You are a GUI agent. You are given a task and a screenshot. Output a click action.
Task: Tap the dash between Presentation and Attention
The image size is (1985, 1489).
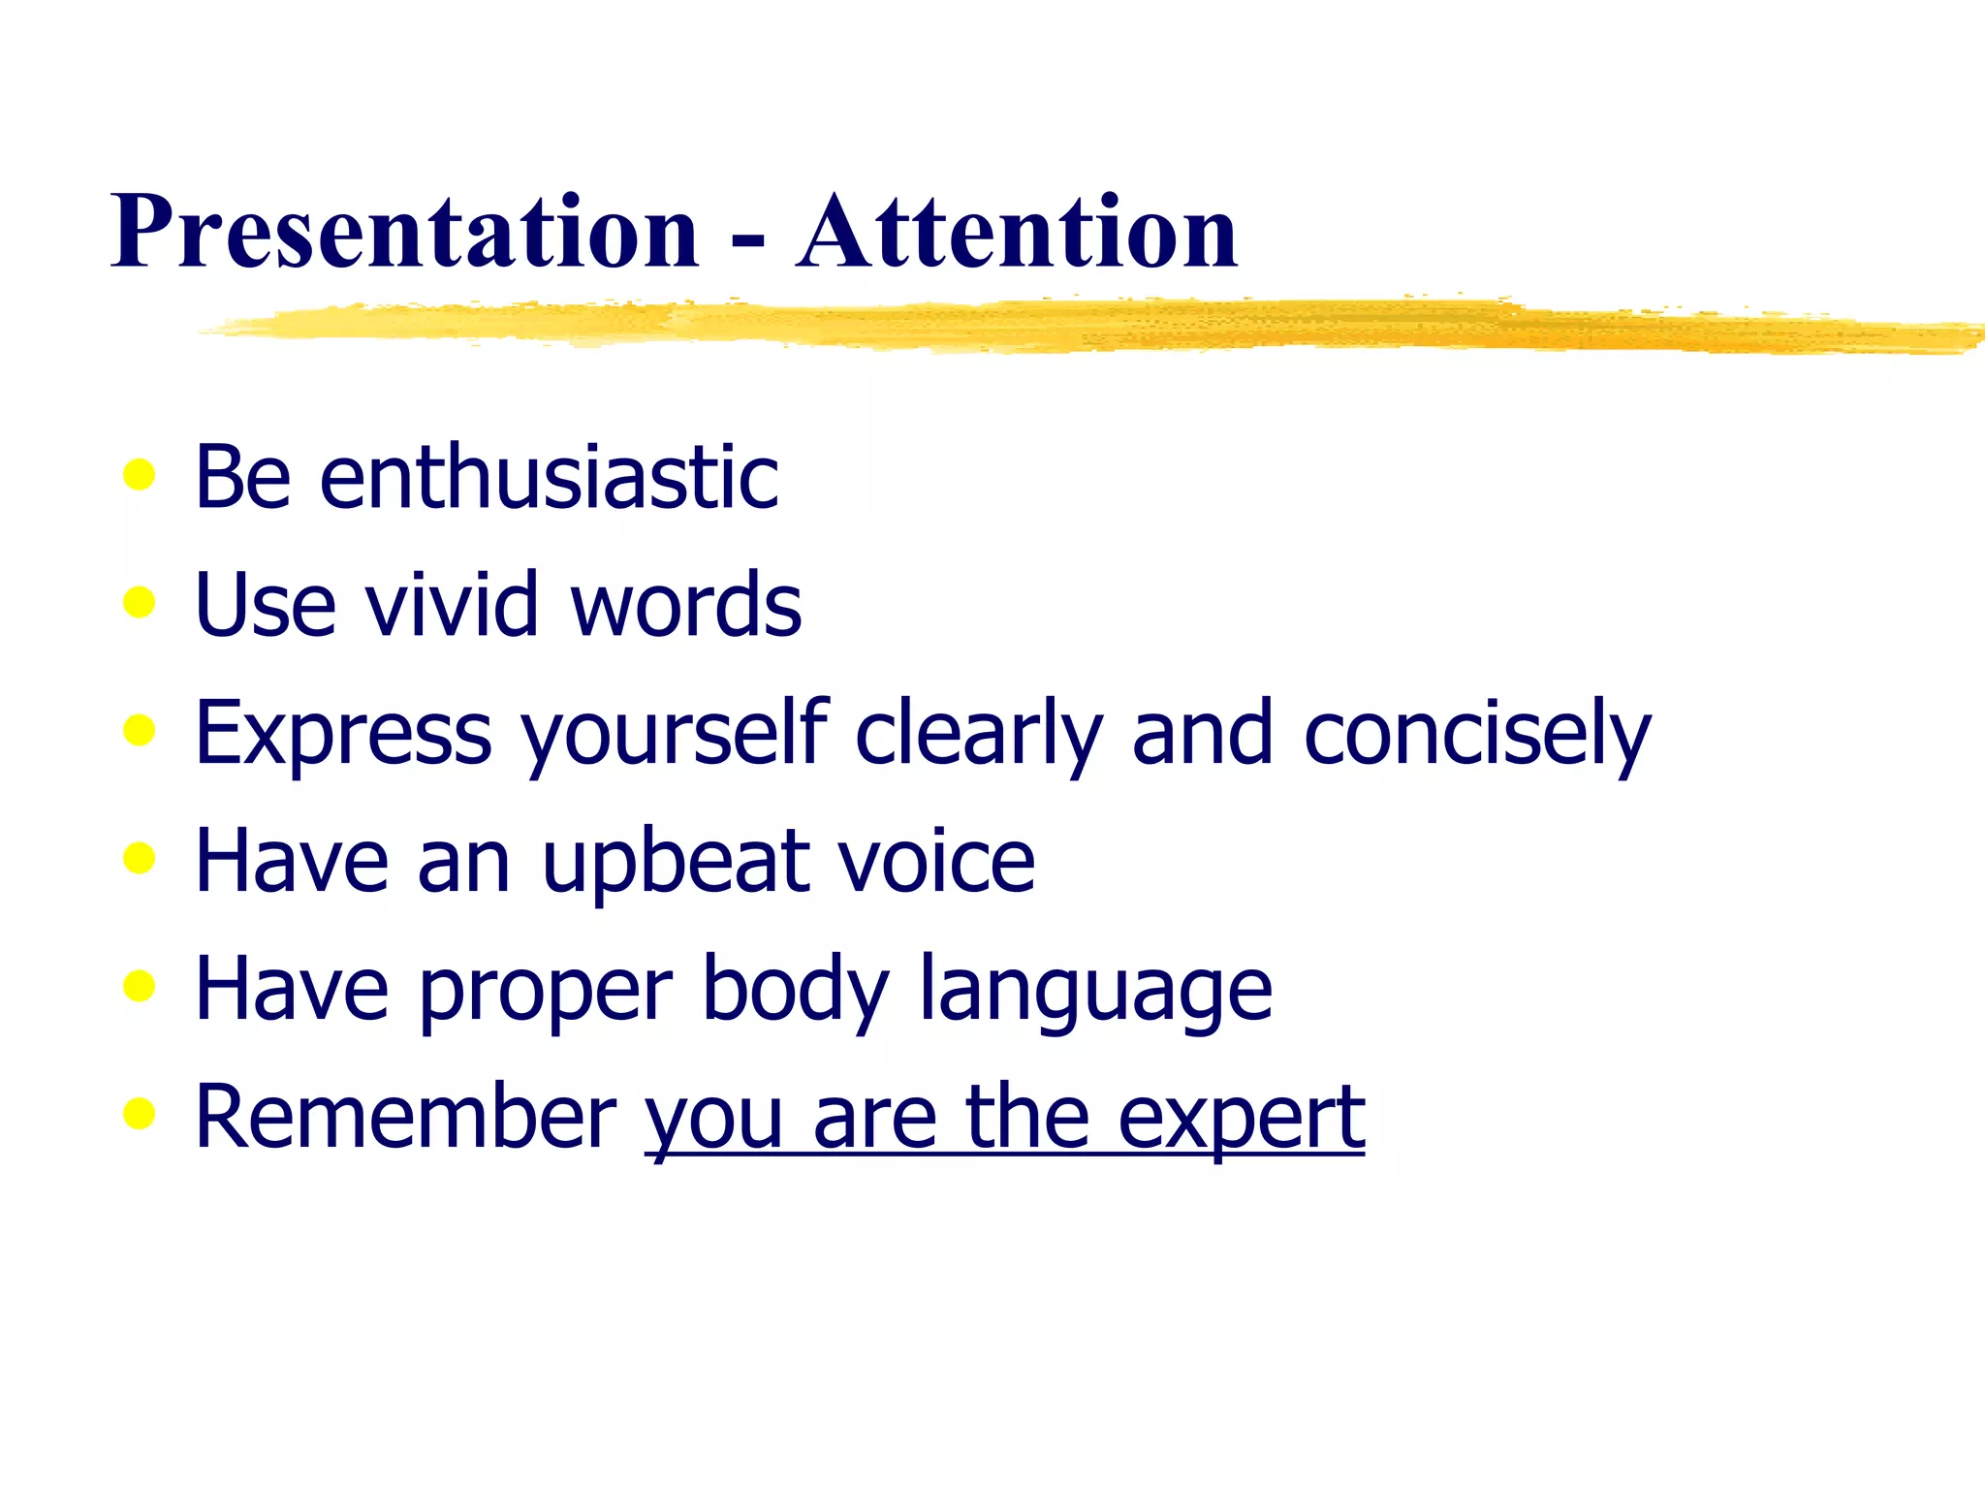[747, 238]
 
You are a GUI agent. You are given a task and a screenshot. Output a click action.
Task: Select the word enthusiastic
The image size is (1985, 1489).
[549, 476]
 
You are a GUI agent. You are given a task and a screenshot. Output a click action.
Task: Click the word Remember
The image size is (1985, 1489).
[405, 1117]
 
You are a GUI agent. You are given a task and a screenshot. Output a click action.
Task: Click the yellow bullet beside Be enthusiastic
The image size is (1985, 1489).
[140, 475]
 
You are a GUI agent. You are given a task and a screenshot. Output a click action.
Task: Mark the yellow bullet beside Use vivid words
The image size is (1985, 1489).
[140, 602]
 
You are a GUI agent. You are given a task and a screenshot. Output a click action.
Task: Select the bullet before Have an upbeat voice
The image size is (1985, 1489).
[140, 858]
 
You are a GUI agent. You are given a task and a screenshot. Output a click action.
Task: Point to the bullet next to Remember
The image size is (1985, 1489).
[140, 1114]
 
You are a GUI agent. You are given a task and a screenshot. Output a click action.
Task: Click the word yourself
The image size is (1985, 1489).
[675, 733]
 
